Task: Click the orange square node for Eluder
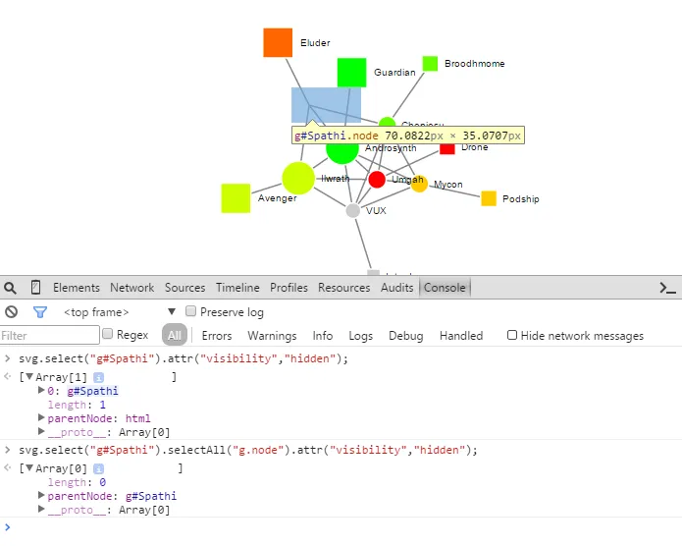click(x=278, y=43)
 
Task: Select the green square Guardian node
click(x=351, y=73)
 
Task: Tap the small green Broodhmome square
click(x=430, y=64)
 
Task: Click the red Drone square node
click(x=447, y=147)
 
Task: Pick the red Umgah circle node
click(x=377, y=179)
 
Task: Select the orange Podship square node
click(x=489, y=198)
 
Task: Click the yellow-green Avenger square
click(x=236, y=198)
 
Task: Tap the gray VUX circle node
click(x=353, y=210)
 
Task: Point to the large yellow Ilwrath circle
click(x=298, y=178)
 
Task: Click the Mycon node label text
click(x=448, y=185)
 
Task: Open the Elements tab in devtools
click(x=77, y=288)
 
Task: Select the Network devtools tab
click(x=131, y=288)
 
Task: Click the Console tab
click(x=444, y=288)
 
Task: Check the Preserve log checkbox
click(x=192, y=312)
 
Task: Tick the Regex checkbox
click(x=108, y=335)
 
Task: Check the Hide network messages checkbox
click(x=512, y=335)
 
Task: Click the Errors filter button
click(x=217, y=336)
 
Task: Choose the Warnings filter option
click(x=272, y=336)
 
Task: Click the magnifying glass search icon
click(x=10, y=288)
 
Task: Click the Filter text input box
click(x=49, y=336)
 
